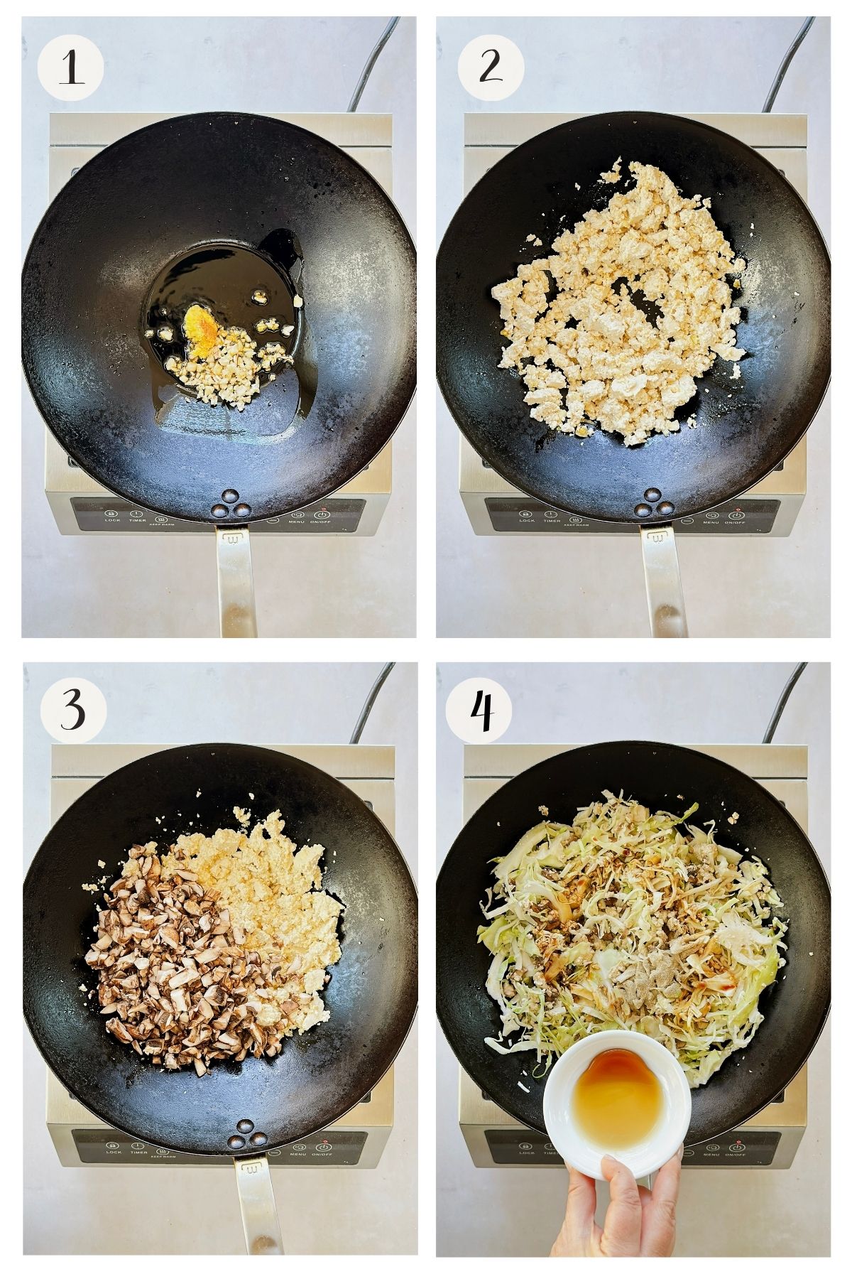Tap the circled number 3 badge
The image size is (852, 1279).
pos(73,709)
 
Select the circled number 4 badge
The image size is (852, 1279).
pos(482,710)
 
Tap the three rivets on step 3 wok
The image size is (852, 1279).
pos(244,1135)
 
